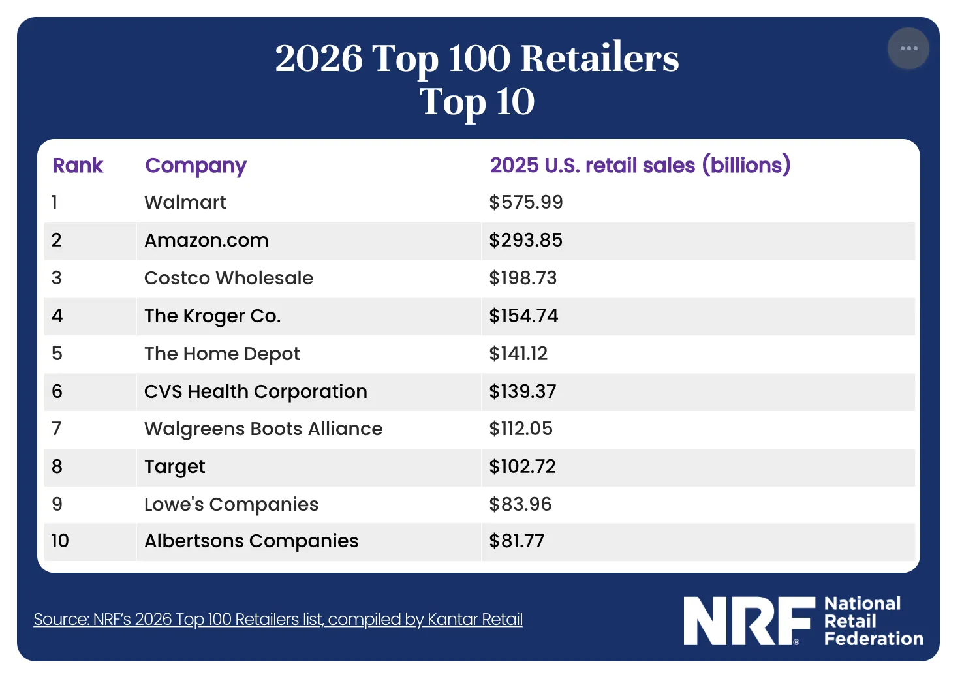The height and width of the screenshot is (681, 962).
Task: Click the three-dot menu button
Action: tap(908, 48)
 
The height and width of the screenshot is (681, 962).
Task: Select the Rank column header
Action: tap(78, 165)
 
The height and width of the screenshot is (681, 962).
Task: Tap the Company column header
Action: tap(196, 166)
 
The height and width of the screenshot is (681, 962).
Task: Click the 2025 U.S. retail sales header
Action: tap(640, 165)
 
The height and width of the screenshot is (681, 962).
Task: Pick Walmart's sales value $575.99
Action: tap(525, 202)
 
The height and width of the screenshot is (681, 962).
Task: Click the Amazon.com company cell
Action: tap(206, 240)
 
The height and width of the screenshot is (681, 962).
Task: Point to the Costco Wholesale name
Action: tap(228, 278)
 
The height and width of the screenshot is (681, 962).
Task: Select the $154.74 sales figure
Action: tap(523, 316)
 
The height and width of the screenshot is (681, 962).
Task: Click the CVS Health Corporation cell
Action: tap(256, 391)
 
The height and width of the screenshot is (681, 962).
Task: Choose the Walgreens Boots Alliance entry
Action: tap(263, 429)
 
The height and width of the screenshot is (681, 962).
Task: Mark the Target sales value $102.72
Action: tap(522, 466)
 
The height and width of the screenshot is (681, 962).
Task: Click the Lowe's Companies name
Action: tap(231, 505)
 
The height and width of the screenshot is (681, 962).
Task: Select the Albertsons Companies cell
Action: tap(251, 541)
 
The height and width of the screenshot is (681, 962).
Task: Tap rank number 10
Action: tap(60, 541)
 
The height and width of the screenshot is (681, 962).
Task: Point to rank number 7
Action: tap(56, 429)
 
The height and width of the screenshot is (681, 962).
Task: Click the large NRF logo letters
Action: tap(749, 620)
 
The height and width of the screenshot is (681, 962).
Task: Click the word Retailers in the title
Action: tap(600, 59)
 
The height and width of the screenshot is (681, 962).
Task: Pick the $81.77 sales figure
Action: tap(517, 541)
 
